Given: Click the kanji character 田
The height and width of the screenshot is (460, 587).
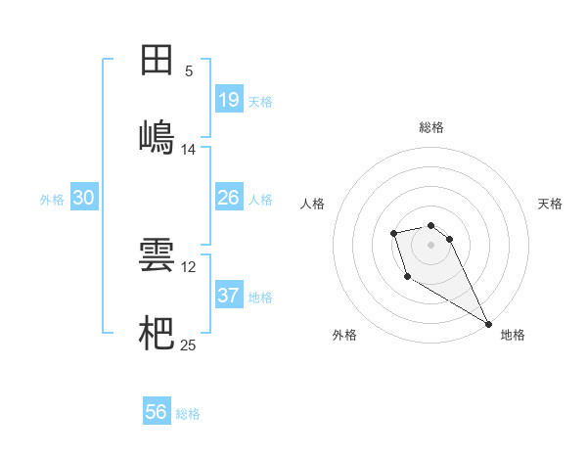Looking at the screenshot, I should pos(157,61).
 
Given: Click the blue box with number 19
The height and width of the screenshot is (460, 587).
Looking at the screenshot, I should pos(229,100).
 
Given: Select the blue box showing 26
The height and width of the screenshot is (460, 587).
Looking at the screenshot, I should pos(229,199).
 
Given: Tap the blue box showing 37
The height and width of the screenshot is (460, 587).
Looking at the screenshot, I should pos(229,296).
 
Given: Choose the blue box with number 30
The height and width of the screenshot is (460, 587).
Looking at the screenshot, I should pos(84,199).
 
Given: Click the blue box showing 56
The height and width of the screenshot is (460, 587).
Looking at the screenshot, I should pos(157,413).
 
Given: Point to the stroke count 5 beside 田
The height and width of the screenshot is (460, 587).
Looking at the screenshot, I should pos(188,71).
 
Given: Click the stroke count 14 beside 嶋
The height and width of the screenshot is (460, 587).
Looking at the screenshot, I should pos(188,150).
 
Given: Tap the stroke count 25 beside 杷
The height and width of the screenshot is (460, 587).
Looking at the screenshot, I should pos(189,345).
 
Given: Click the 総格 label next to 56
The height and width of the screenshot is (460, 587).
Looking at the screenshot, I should pos(188,414).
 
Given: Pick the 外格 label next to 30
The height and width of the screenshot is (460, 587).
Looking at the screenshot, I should pos(52,200).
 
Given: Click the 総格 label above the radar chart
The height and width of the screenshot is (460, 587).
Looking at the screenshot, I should pos(430,127).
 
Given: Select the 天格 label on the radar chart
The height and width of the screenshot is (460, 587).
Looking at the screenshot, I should pos(550,204).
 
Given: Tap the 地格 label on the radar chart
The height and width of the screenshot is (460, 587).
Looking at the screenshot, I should pos(513,335).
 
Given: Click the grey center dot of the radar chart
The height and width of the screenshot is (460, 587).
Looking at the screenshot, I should pos(430,244).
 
